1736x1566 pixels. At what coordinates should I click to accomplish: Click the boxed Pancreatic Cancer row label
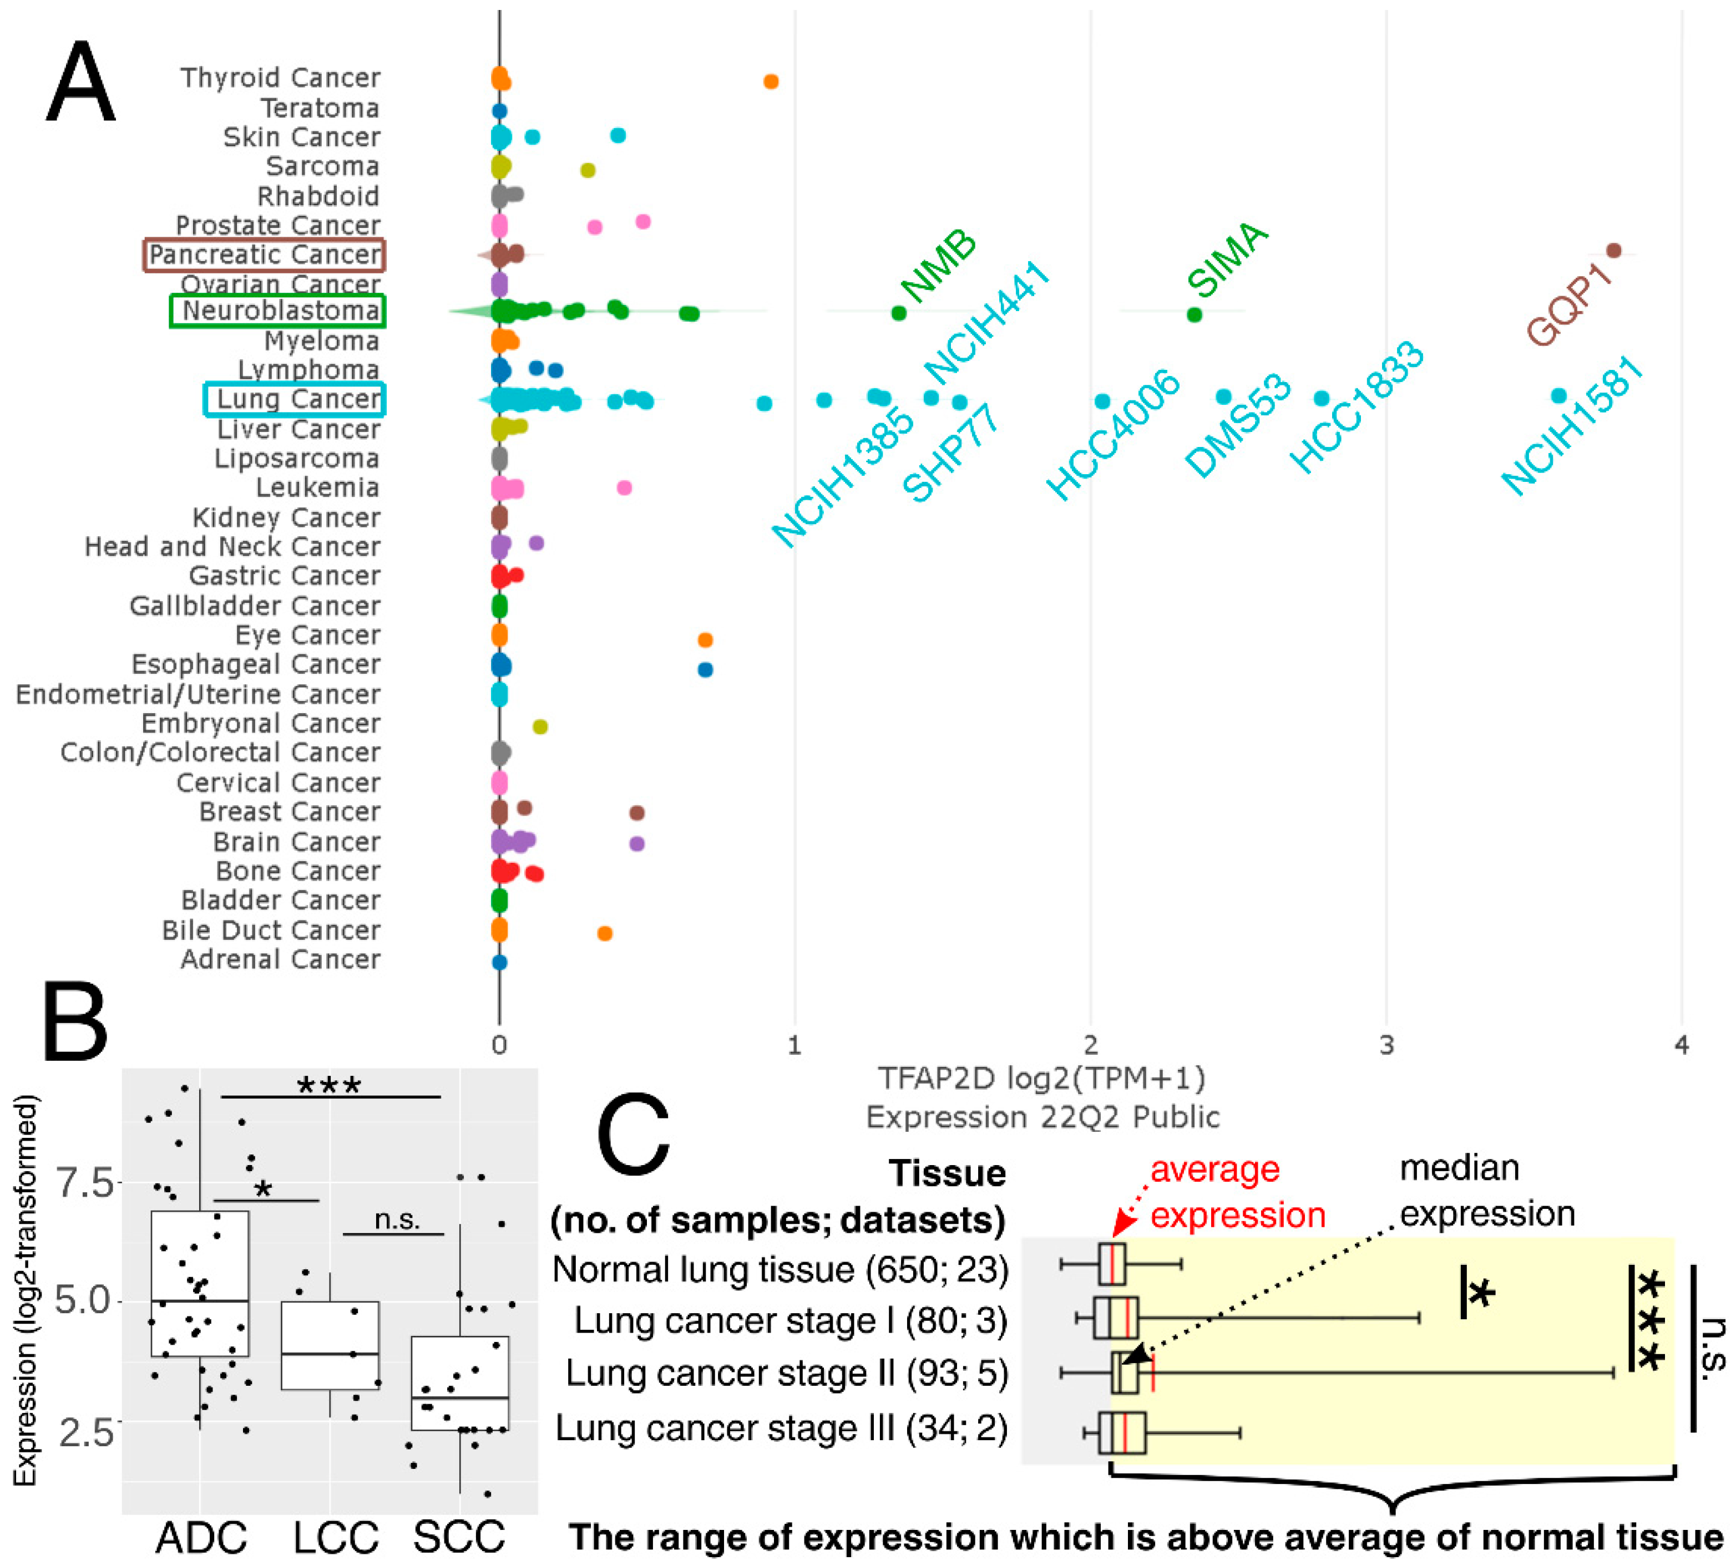click(x=264, y=255)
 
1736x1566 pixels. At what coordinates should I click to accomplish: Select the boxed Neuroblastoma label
click(x=277, y=311)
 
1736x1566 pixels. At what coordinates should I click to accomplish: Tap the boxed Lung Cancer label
click(x=295, y=399)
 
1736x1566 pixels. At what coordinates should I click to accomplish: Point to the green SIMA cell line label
click(x=1227, y=258)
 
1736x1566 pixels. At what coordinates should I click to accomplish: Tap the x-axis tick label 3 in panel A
click(x=1386, y=1045)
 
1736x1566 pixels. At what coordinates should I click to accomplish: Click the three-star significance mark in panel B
click(x=329, y=1086)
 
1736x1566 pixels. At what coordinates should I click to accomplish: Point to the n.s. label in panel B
click(x=397, y=1219)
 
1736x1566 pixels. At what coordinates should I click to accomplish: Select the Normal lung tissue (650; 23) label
click(x=780, y=1269)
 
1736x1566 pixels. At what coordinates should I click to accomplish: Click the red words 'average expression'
click(x=1237, y=1193)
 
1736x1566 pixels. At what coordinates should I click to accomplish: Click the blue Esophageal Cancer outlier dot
click(x=705, y=669)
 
